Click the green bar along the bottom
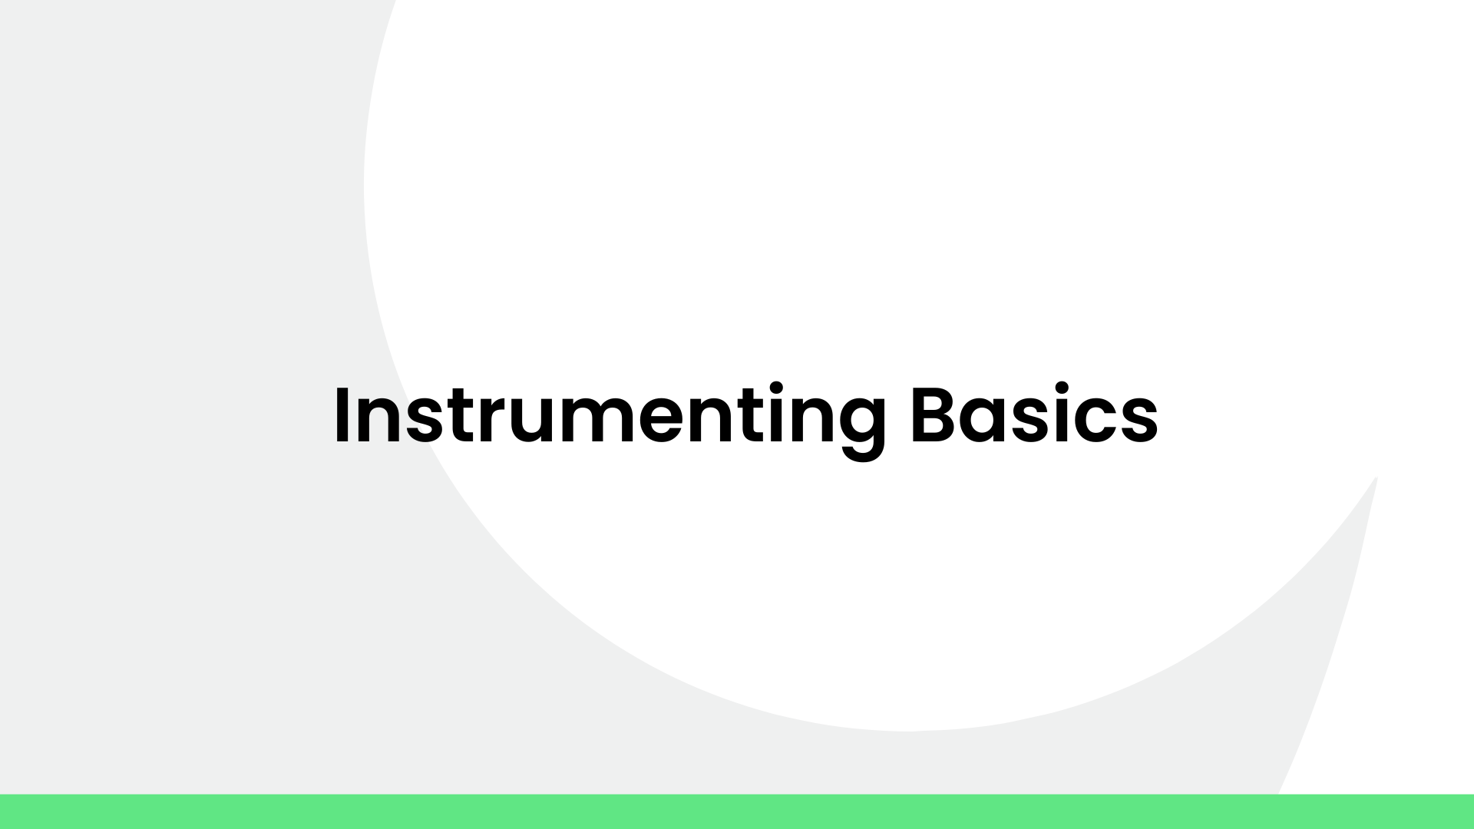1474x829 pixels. [737, 811]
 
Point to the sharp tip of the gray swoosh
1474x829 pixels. [1376, 479]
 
